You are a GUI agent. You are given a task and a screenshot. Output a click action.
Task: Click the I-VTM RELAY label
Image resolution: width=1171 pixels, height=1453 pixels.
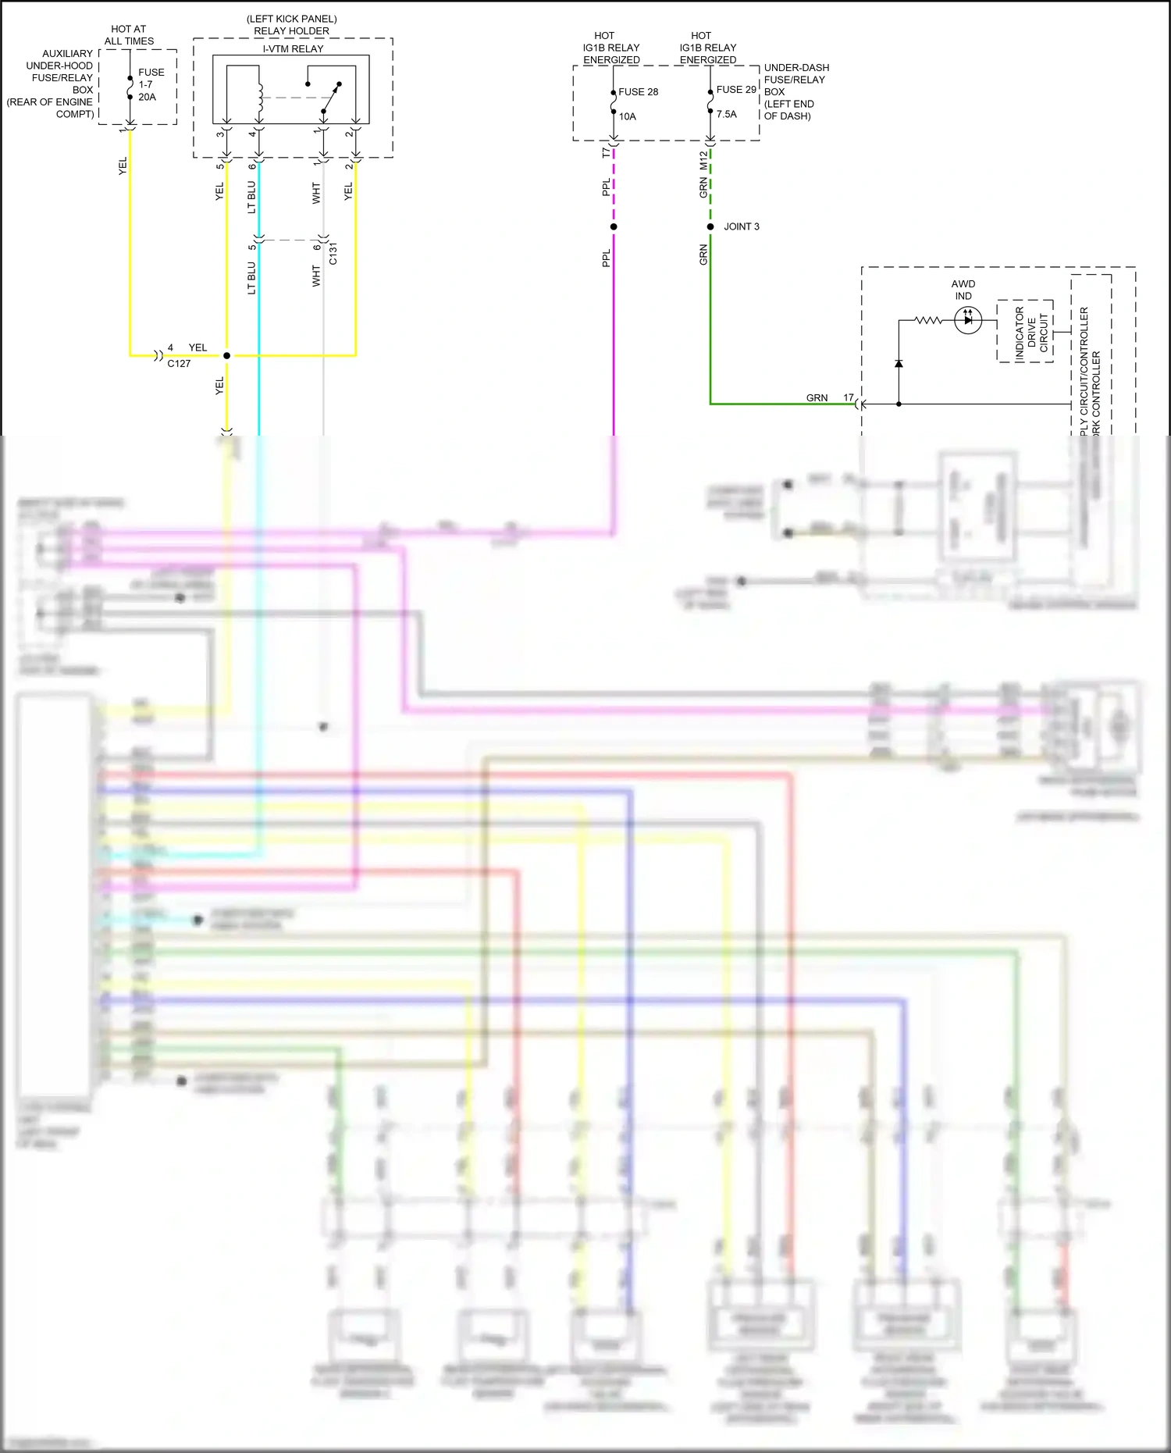[293, 48]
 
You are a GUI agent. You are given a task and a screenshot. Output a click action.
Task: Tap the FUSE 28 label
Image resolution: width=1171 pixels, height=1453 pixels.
[638, 91]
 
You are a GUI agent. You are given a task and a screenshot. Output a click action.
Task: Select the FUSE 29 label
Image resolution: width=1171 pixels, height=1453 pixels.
[736, 90]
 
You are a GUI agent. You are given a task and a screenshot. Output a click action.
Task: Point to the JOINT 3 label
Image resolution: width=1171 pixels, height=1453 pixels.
[741, 226]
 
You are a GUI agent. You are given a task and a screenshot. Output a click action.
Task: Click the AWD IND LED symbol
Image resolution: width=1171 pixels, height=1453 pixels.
[968, 320]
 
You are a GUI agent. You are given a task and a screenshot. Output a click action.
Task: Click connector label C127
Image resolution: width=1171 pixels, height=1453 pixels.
[179, 363]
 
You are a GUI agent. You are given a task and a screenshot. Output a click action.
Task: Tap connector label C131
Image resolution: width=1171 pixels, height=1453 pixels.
[333, 253]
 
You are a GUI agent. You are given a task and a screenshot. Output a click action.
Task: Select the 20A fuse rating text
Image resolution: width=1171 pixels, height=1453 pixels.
[147, 97]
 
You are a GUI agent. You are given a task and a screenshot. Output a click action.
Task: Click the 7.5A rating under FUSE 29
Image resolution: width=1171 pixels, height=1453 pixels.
[726, 114]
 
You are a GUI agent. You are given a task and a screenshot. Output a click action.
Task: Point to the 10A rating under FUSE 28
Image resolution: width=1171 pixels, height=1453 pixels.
[628, 116]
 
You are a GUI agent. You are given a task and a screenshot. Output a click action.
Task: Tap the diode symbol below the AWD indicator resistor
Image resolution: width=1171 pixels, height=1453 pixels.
[899, 364]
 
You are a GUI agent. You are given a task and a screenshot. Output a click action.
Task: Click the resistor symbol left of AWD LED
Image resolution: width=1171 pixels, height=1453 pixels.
[928, 320]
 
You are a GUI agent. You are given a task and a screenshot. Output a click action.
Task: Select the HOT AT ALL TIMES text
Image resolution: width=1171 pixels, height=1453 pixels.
[129, 34]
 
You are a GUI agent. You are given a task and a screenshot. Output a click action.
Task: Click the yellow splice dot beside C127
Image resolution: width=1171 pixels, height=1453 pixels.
[227, 355]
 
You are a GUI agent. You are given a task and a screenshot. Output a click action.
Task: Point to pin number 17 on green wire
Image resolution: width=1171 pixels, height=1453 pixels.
[849, 397]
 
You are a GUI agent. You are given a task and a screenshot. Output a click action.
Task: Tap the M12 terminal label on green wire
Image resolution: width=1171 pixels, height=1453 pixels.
[703, 160]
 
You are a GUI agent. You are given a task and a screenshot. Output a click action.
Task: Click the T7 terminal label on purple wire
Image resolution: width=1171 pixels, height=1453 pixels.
[606, 153]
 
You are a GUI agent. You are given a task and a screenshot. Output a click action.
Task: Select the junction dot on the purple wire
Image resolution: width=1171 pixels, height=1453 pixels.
[614, 226]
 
